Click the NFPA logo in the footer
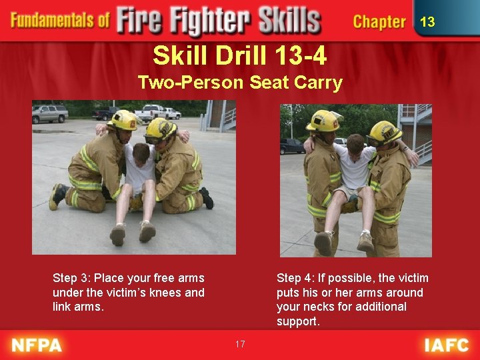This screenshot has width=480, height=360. pyautogui.click(x=37, y=345)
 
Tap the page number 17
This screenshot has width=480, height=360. pyautogui.click(x=240, y=344)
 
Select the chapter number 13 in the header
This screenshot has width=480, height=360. pyautogui.click(x=427, y=22)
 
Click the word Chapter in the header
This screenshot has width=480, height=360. pyautogui.click(x=379, y=22)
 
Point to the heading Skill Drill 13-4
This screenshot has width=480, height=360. pyautogui.click(x=239, y=55)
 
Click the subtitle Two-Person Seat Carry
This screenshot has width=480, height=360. pyautogui.click(x=239, y=83)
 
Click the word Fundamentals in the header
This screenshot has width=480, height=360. pyautogui.click(x=60, y=20)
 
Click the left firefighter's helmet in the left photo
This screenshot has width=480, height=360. pyautogui.click(x=124, y=120)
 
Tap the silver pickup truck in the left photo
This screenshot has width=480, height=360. pyautogui.click(x=50, y=114)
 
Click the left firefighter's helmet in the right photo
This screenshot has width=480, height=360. pyautogui.click(x=324, y=120)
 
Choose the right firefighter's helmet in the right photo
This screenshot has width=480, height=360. pyautogui.click(x=385, y=131)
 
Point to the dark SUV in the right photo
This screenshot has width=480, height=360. pyautogui.click(x=292, y=146)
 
